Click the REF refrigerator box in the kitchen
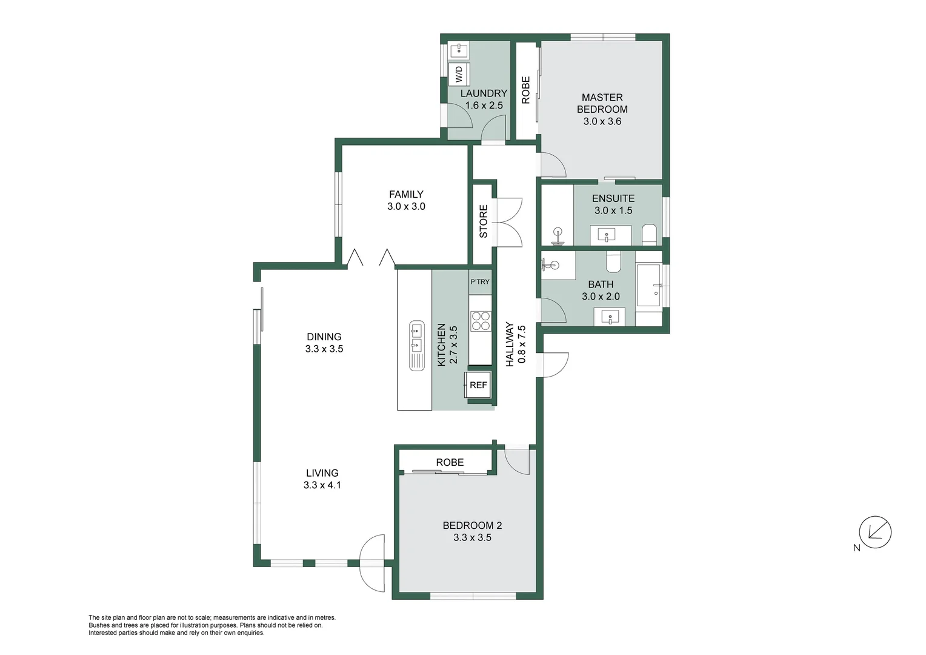pos(478,385)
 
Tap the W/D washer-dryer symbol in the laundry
pos(459,74)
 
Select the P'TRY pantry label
pos(480,281)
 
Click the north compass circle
pos(875,532)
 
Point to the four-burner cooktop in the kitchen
pos(481,321)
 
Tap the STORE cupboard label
pos(484,221)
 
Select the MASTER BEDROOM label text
pos(602,103)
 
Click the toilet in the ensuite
pos(649,234)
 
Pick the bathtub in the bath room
pos(648,286)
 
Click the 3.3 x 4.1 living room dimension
pos(322,485)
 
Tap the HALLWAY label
pos(510,344)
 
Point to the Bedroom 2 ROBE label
pos(450,462)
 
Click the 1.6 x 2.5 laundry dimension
pos(484,106)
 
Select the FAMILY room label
pos(406,194)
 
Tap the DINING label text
pos(324,337)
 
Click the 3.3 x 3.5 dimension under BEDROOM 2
pos(472,537)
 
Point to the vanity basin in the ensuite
pos(607,234)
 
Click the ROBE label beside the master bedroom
pos(526,90)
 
